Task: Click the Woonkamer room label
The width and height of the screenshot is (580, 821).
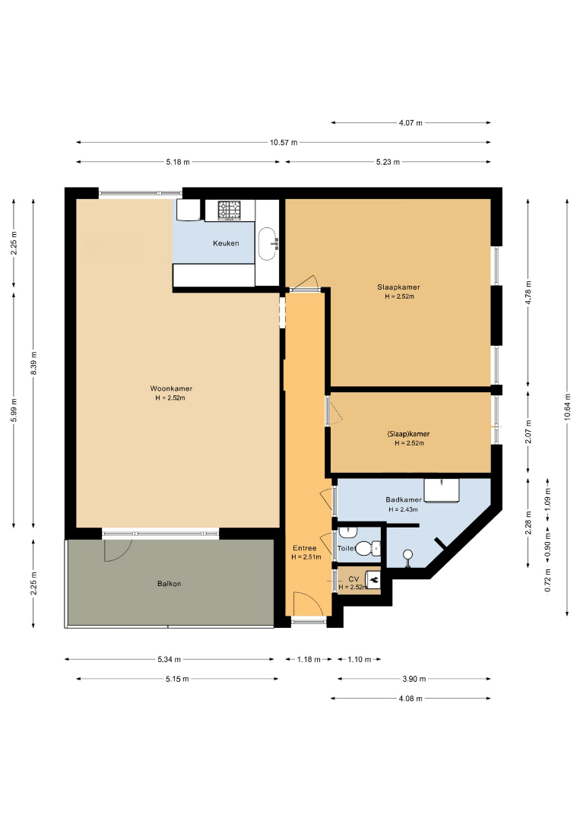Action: tap(171, 388)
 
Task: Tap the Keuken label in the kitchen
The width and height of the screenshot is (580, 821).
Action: tap(226, 243)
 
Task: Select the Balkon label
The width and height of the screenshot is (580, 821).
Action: tap(169, 584)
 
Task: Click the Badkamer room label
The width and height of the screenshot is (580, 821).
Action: tap(404, 500)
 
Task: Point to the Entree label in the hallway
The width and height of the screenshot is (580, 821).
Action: tap(304, 548)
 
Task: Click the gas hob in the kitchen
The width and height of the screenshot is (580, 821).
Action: tap(230, 210)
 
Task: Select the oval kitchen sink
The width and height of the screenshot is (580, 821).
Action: tap(268, 243)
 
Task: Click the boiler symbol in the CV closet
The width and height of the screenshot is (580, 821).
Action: tap(374, 579)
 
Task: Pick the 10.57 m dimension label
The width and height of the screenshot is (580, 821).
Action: tap(284, 142)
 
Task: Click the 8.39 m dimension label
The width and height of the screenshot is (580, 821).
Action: tap(33, 363)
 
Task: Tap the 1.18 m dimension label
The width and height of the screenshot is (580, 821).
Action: tap(309, 660)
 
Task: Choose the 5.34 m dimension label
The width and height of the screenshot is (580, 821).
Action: tap(169, 660)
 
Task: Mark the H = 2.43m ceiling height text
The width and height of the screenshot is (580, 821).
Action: tap(403, 509)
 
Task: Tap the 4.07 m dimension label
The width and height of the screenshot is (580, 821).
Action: tap(410, 123)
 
